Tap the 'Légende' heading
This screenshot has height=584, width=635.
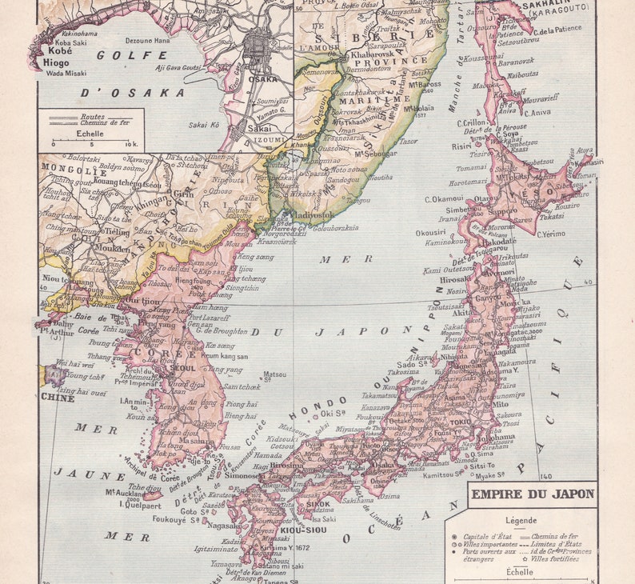click(521, 520)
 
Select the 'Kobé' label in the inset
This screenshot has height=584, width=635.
click(54, 50)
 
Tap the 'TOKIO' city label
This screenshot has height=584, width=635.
click(459, 422)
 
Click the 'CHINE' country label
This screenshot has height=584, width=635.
click(58, 398)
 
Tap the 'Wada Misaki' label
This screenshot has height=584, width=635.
click(65, 73)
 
